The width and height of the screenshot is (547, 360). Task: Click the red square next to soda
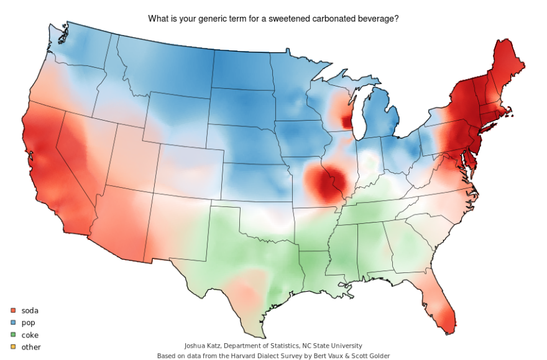pyautogui.click(x=12, y=310)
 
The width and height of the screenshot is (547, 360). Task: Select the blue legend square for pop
pyautogui.click(x=12, y=323)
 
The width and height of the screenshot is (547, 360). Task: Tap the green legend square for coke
pyautogui.click(x=12, y=335)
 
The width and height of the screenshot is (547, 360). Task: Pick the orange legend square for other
pyautogui.click(x=12, y=348)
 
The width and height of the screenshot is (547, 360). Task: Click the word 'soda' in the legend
pyautogui.click(x=30, y=310)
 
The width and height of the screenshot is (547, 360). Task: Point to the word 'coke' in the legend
pyautogui.click(x=30, y=335)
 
